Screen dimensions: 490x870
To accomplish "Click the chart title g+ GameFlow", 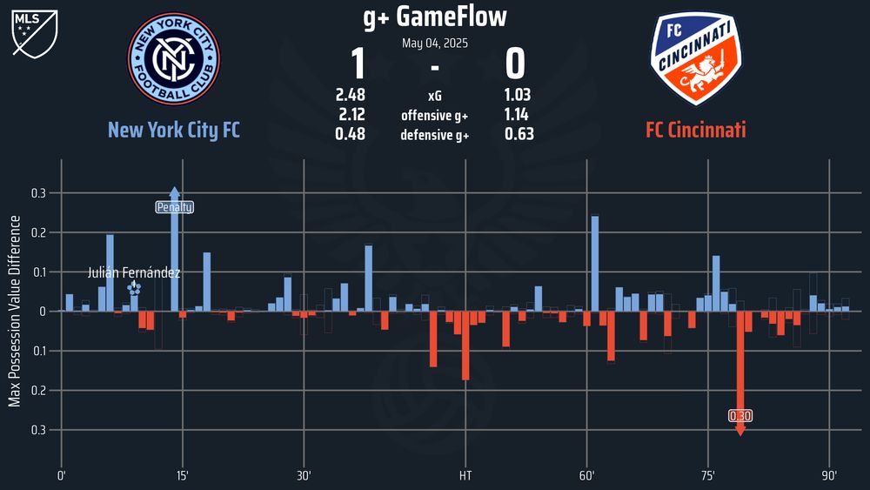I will click(x=434, y=16).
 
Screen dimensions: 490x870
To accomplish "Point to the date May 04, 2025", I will click(x=434, y=43).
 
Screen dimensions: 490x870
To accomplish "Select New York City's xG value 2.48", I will click(x=350, y=95).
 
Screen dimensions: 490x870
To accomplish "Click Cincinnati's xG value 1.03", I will click(x=519, y=95).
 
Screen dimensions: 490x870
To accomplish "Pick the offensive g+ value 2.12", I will click(x=350, y=115).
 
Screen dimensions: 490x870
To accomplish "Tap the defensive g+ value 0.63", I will click(x=519, y=134).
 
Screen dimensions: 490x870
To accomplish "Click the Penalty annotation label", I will click(x=174, y=207).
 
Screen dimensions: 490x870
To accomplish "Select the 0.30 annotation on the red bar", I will click(x=740, y=416).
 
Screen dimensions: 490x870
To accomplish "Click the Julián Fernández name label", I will click(x=134, y=273).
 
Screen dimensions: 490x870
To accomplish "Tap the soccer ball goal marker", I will click(x=134, y=288).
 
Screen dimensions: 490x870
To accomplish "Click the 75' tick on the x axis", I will click(x=708, y=476).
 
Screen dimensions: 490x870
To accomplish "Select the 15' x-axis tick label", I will click(x=183, y=476).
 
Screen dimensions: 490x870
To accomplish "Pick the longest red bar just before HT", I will click(x=465, y=346).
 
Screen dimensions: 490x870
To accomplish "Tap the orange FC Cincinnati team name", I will click(x=695, y=131).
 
